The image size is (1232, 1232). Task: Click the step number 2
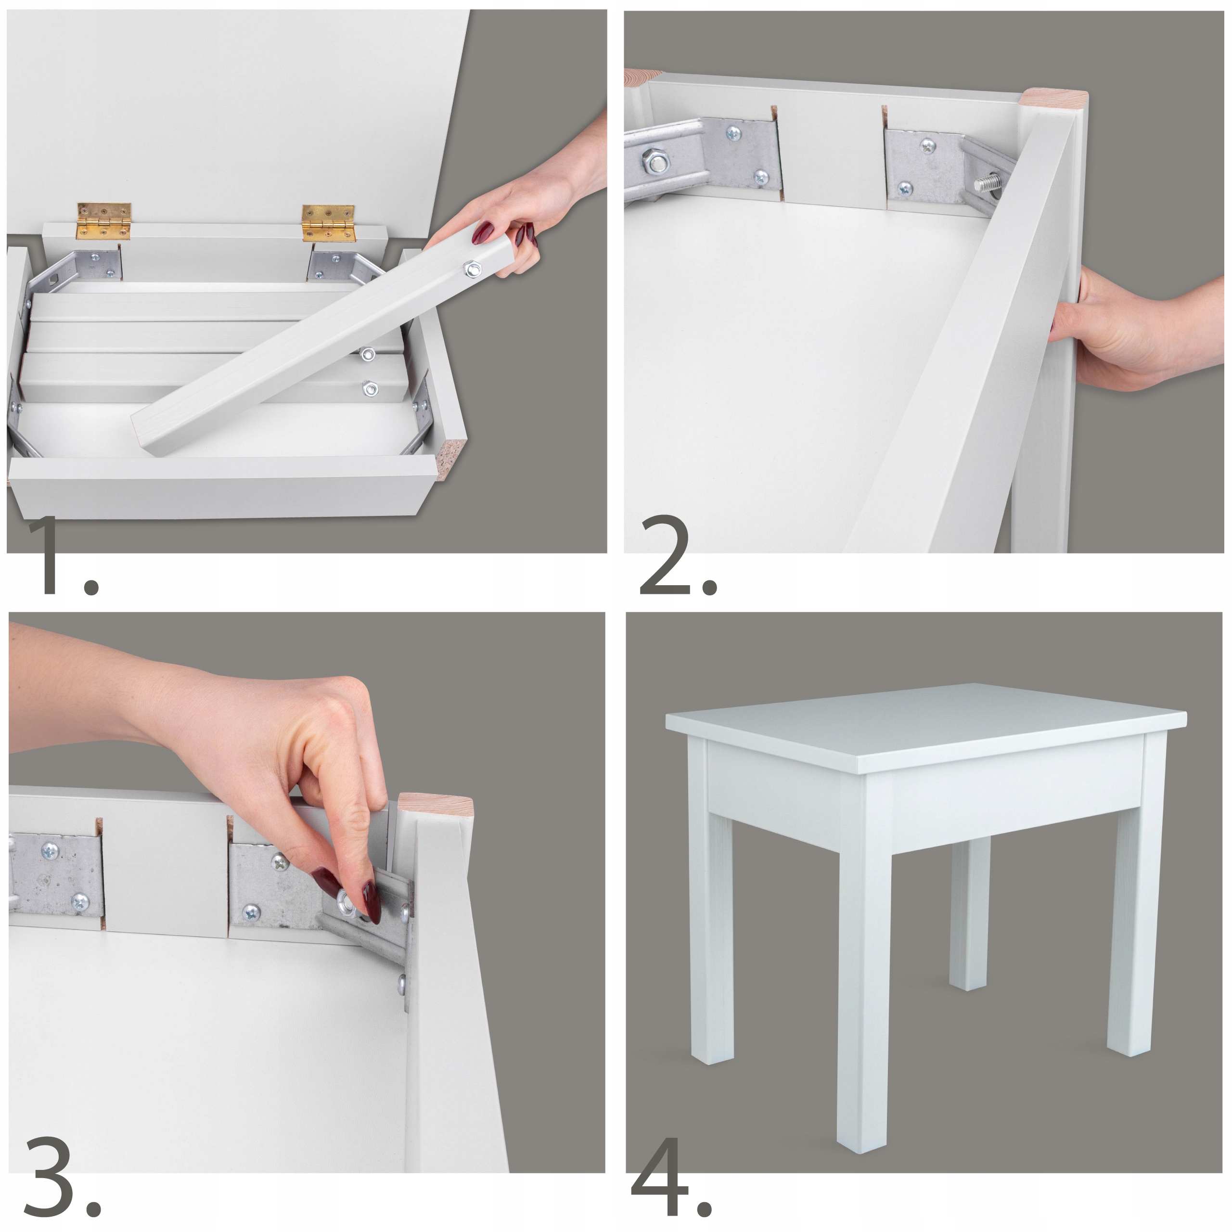click(677, 556)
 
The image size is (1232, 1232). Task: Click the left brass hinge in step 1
click(104, 221)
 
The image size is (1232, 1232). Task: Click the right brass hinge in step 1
click(328, 223)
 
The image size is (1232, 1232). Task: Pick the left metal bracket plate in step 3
click(56, 875)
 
